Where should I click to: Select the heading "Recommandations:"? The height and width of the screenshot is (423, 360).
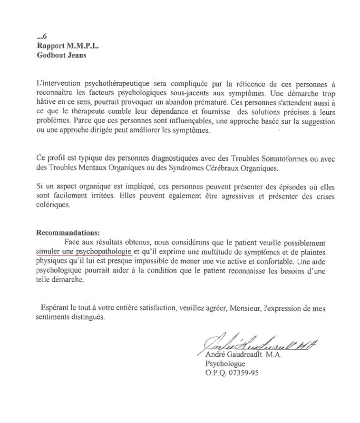tap(68, 233)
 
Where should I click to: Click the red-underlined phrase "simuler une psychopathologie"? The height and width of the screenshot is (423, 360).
tap(84, 250)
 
